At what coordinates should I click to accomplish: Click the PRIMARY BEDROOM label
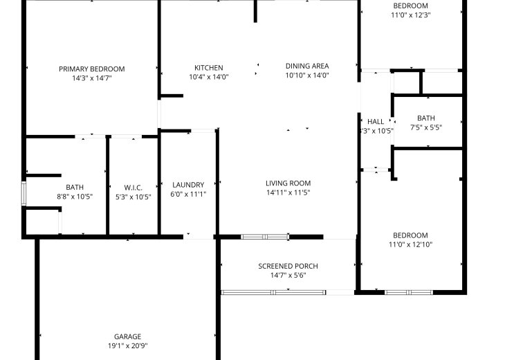pyautogui.click(x=92, y=69)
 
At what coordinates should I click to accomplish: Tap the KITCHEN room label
pyautogui.click(x=209, y=68)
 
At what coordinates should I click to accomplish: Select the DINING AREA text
pyautogui.click(x=307, y=66)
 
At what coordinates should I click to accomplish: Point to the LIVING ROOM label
pyautogui.click(x=288, y=183)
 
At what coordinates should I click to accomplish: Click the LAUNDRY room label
pyautogui.click(x=188, y=185)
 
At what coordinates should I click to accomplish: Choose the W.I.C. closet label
pyautogui.click(x=133, y=188)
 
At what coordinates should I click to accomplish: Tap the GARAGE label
pyautogui.click(x=127, y=336)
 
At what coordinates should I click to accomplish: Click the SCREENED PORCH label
pyautogui.click(x=288, y=267)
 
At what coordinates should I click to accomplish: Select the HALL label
pyautogui.click(x=376, y=122)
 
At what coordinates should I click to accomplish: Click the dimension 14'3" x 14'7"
pyautogui.click(x=92, y=78)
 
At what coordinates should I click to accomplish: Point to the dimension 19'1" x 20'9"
pyautogui.click(x=127, y=346)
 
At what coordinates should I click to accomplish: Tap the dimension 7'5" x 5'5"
pyautogui.click(x=425, y=127)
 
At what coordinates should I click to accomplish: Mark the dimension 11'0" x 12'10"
pyautogui.click(x=410, y=244)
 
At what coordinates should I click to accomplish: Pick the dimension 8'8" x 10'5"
pyautogui.click(x=75, y=197)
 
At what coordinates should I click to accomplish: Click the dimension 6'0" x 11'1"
pyautogui.click(x=188, y=194)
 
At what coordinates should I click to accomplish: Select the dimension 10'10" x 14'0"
pyautogui.click(x=307, y=75)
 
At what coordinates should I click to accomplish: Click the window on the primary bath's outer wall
pyautogui.click(x=24, y=193)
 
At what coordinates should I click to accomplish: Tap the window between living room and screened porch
pyautogui.click(x=265, y=237)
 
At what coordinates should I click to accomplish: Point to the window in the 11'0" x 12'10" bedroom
pyautogui.click(x=409, y=292)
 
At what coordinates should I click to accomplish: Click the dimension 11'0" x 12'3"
pyautogui.click(x=411, y=15)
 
